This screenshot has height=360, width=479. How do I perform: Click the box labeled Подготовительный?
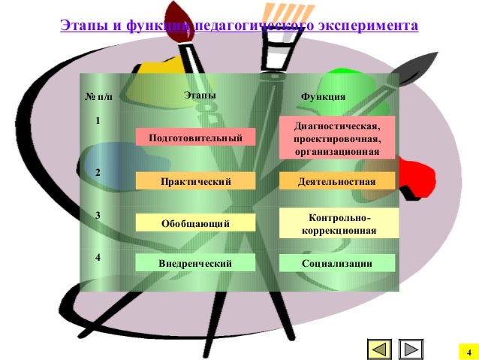tap(195, 138)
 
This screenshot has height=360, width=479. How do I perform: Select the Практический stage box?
tap(195, 181)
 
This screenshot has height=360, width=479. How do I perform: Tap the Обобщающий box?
tap(195, 223)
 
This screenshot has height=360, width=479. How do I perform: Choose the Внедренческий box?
tap(195, 262)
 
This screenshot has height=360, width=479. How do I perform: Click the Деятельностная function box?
tap(337, 181)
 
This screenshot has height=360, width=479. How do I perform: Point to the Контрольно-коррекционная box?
tap(337, 224)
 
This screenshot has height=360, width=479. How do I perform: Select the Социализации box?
tap(337, 263)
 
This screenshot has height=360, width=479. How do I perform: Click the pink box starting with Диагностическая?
tap(337, 138)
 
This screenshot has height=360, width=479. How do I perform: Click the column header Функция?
tap(323, 96)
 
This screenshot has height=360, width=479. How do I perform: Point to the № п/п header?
tap(99, 96)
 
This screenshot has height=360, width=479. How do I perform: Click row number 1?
tap(98, 120)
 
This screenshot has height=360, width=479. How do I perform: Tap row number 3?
tap(98, 216)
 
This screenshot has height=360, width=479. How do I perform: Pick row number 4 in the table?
tap(98, 258)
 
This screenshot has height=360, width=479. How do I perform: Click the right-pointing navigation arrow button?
tap(411, 349)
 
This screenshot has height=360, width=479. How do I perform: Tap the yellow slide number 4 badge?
tap(468, 352)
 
